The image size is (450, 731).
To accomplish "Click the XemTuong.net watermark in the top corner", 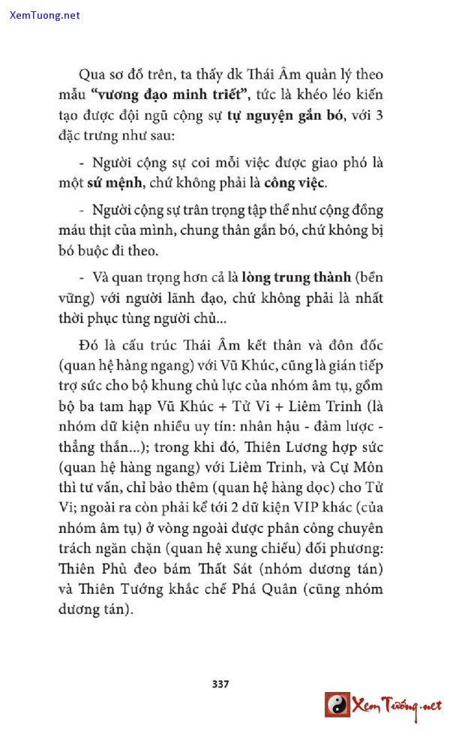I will [x=45, y=15].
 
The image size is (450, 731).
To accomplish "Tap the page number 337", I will [x=220, y=683].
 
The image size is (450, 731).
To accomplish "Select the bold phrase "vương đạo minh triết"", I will [x=151, y=96].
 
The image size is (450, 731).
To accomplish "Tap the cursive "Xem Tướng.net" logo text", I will [x=398, y=706].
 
